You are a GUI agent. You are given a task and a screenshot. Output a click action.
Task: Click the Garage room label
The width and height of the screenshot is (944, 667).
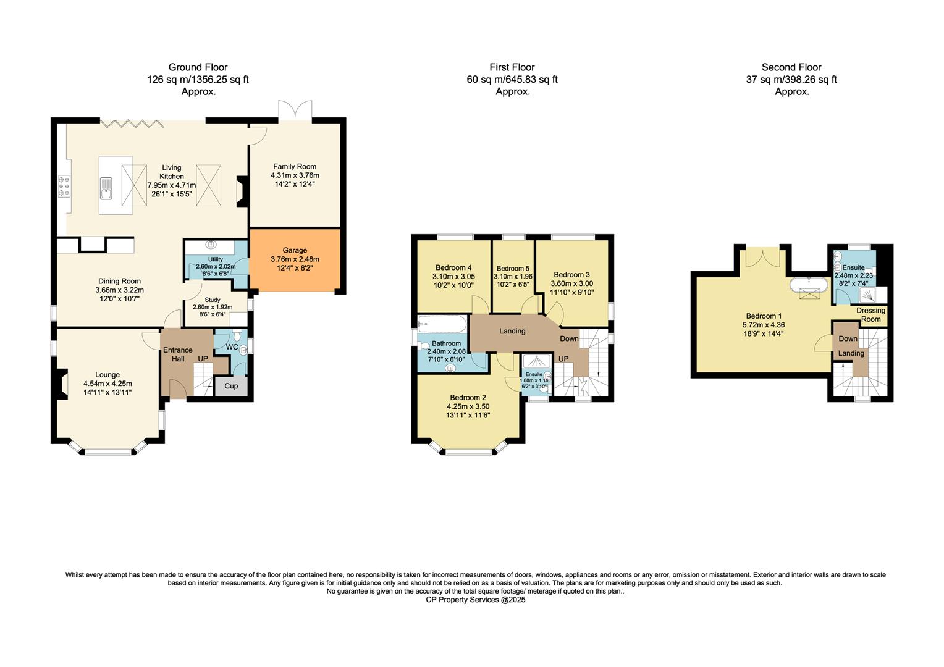(x=295, y=250)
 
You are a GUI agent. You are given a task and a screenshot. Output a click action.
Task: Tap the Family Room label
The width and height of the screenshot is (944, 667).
(x=295, y=166)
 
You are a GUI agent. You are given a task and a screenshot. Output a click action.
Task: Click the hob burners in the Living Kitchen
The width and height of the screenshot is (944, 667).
(x=63, y=187)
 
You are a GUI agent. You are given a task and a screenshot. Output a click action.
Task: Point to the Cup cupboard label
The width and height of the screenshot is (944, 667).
(x=231, y=386)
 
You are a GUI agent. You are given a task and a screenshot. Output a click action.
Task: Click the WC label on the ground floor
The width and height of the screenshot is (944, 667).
(x=232, y=347)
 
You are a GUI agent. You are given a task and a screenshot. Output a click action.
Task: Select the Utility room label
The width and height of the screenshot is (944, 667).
(x=216, y=259)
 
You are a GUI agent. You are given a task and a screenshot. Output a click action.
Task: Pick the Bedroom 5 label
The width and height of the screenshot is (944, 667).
(x=513, y=268)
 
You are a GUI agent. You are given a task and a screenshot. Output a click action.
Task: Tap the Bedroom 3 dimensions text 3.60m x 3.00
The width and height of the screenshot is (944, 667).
(x=571, y=283)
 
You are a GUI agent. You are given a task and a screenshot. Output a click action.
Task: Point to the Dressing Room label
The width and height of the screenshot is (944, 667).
(x=871, y=314)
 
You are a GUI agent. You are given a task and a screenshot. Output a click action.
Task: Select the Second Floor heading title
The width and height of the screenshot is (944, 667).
(x=791, y=67)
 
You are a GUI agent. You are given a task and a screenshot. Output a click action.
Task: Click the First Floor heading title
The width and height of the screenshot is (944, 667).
(x=512, y=67)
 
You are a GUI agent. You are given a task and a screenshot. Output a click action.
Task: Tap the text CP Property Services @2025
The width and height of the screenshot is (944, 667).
(x=476, y=599)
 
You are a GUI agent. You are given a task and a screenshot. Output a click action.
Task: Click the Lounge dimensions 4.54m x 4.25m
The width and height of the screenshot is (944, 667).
(x=107, y=384)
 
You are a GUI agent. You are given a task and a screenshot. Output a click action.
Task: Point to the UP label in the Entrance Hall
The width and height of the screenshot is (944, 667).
(x=203, y=358)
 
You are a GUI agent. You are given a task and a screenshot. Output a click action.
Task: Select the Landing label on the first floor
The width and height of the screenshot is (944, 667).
(x=512, y=331)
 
